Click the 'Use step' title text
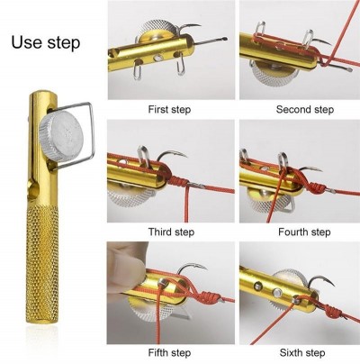coord(46,42)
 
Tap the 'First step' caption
coord(169,109)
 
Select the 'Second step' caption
coord(305,109)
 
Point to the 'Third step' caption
coord(171,232)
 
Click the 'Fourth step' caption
coord(304,232)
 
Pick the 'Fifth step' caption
coord(169,352)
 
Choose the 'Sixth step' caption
coord(302,352)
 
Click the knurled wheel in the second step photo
coord(271,74)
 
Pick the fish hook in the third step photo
coord(174,154)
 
